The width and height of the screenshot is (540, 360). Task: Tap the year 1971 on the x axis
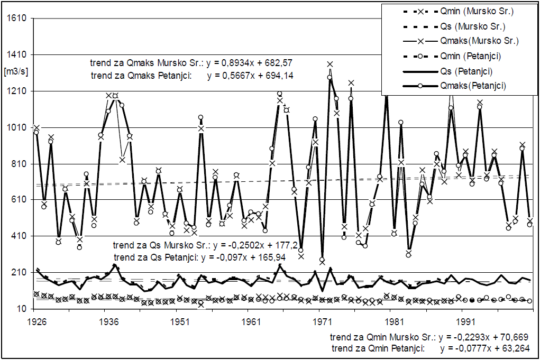point(320,321)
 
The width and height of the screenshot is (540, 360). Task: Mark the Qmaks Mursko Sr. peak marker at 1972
point(330,64)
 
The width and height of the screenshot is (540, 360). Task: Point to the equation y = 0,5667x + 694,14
point(250,76)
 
